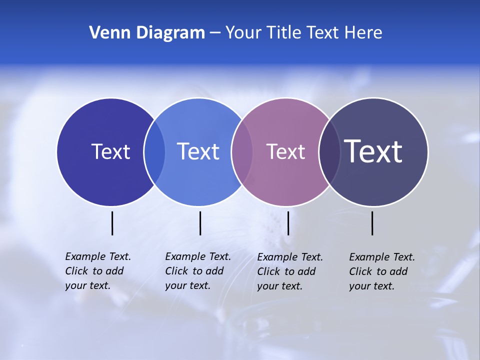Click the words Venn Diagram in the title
pyautogui.click(x=147, y=33)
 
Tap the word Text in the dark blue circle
pyautogui.click(x=110, y=151)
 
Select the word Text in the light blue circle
pyautogui.click(x=198, y=151)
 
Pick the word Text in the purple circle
pyautogui.click(x=285, y=151)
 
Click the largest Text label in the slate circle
pyautogui.click(x=373, y=151)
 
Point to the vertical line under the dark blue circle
pyautogui.click(x=112, y=223)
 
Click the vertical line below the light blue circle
pyautogui.click(x=200, y=223)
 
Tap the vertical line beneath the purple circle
pyautogui.click(x=288, y=223)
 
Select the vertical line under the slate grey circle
pyautogui.click(x=372, y=223)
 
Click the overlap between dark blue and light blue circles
pyautogui.click(x=154, y=151)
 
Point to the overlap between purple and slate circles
pyautogui.click(x=329, y=151)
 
